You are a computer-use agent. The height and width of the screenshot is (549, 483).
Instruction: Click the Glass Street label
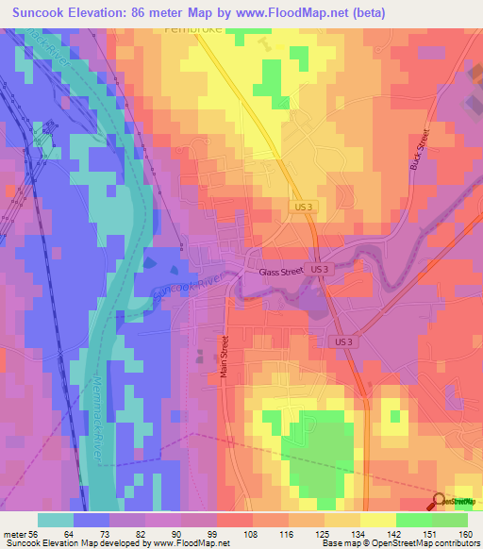click(280, 272)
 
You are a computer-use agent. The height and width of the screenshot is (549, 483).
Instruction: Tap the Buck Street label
click(420, 149)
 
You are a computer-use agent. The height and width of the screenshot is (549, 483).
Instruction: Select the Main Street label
click(225, 358)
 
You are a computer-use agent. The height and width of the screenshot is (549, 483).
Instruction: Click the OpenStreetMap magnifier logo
click(441, 501)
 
